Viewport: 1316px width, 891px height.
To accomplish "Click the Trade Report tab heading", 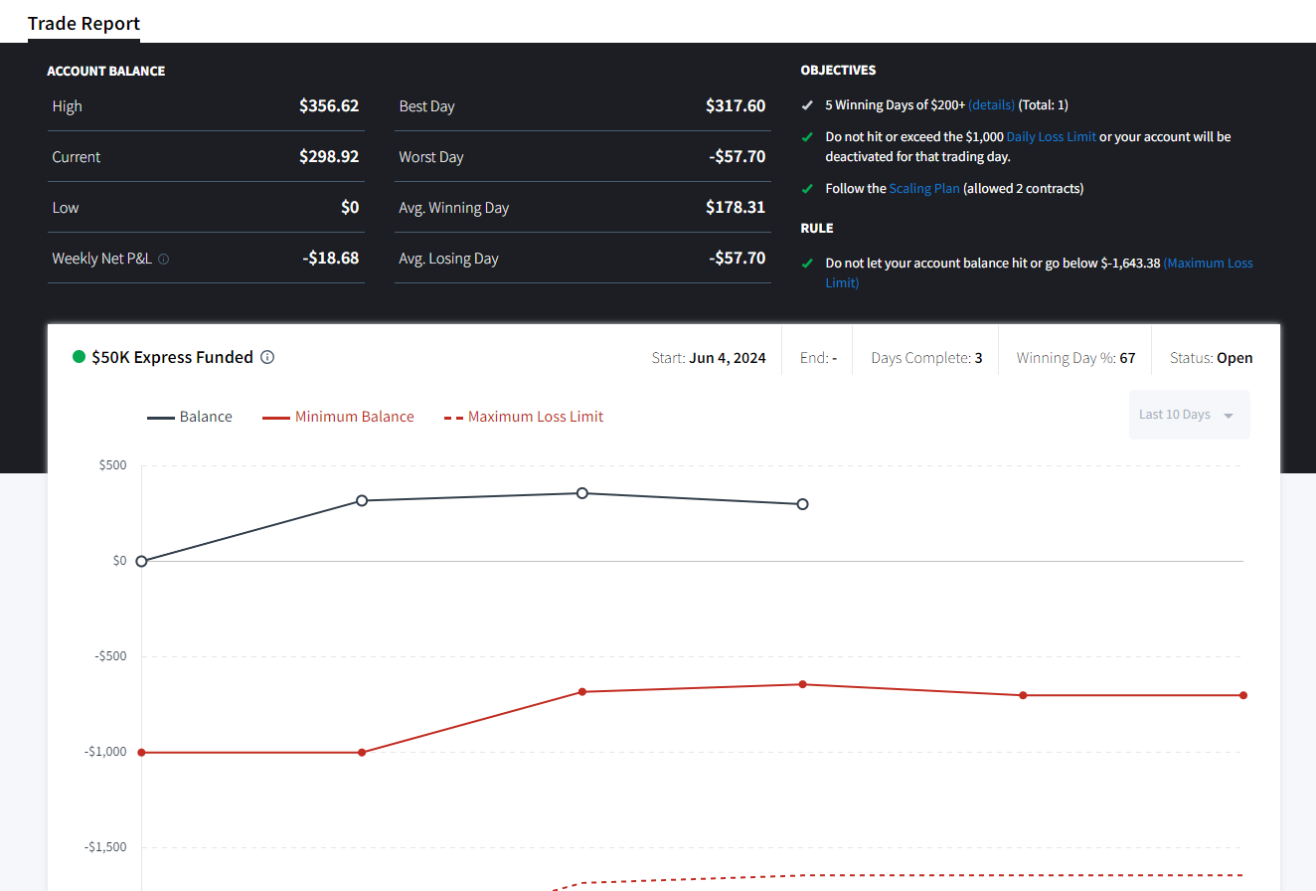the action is (83, 24).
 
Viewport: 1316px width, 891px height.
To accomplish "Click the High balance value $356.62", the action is (329, 105).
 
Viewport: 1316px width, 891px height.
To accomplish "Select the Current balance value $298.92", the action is (329, 156).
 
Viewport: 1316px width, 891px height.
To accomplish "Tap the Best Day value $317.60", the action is (736, 105).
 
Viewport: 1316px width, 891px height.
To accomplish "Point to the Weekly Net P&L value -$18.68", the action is (330, 258).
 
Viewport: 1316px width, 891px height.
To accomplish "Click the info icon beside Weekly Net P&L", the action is (163, 260).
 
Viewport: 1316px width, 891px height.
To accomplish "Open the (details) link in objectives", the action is (991, 104).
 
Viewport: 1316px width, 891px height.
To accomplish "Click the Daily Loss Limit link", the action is (1051, 136).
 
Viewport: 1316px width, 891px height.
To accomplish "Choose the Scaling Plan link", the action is (924, 188).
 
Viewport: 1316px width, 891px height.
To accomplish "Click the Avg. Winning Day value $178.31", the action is (736, 207).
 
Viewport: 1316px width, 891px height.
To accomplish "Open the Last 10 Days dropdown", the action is (1189, 415).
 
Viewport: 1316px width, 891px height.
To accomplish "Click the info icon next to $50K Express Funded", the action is (267, 357).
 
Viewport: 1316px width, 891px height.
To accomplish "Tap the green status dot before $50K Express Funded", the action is (79, 357).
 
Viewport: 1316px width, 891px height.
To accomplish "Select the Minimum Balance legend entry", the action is (338, 417).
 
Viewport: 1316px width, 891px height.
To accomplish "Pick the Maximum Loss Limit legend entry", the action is (524, 417).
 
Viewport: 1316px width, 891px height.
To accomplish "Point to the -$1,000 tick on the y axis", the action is (105, 752).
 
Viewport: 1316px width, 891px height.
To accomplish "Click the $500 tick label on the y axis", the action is (112, 465).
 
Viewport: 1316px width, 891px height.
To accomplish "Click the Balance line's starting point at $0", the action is (141, 561).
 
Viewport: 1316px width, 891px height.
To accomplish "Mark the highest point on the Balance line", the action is (582, 493).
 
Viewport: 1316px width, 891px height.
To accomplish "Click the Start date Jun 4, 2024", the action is (728, 358).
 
